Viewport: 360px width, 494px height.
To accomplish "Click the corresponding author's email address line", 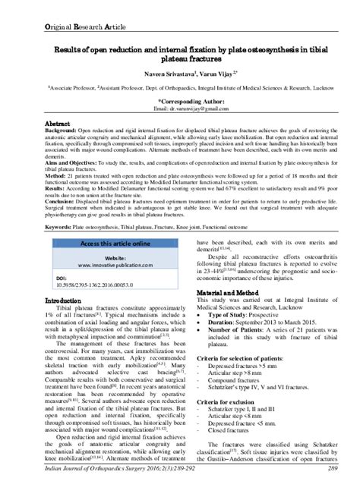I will tap(180, 108).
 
